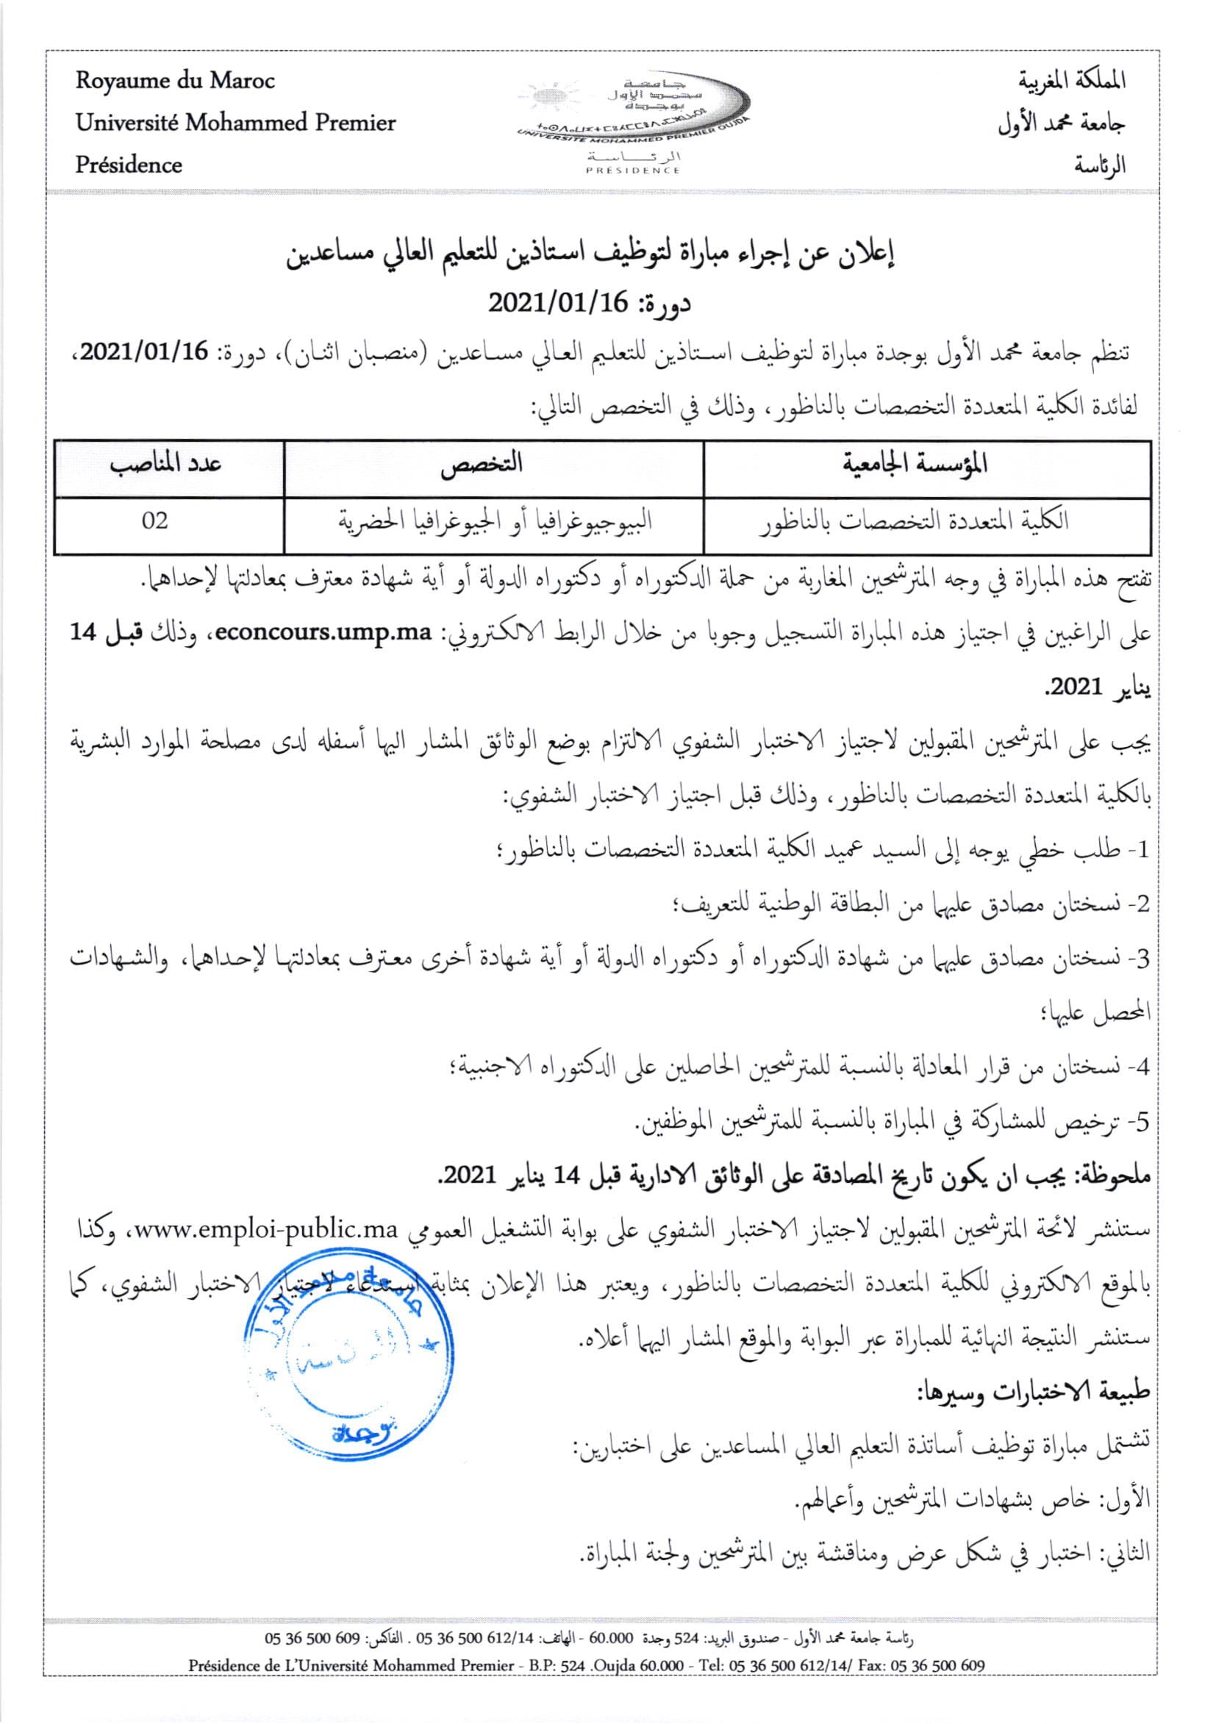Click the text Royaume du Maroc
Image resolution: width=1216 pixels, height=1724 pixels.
pyautogui.click(x=175, y=81)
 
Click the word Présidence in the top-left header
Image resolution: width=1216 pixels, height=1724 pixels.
pyautogui.click(x=129, y=165)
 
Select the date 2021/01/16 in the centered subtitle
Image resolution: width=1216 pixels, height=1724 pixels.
pyautogui.click(x=558, y=303)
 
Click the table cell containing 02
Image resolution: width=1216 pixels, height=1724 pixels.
pyautogui.click(x=155, y=521)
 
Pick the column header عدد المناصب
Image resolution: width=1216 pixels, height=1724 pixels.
pyautogui.click(x=167, y=464)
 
